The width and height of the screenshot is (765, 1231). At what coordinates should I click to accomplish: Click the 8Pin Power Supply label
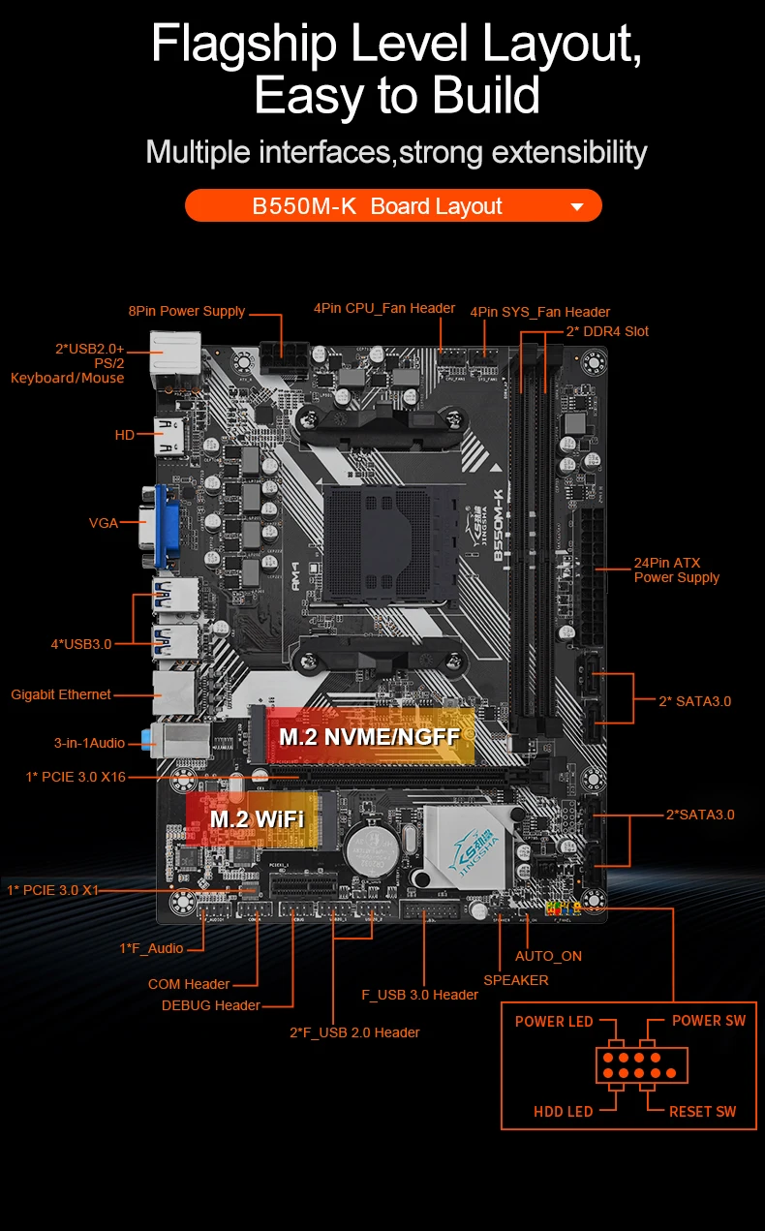coord(187,311)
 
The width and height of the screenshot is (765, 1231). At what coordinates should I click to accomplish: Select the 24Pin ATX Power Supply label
coord(676,569)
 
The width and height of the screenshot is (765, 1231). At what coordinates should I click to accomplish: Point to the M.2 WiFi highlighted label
coord(257,819)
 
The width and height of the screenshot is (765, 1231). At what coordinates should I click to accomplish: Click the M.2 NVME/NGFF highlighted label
coord(369,737)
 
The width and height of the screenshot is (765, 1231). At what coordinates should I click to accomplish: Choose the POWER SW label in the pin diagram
coord(709,1021)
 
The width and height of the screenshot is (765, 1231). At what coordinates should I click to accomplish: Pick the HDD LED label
coord(563,1111)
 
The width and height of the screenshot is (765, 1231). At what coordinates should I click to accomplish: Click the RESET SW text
coord(702,1111)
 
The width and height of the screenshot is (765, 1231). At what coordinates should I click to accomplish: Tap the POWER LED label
coord(554,1021)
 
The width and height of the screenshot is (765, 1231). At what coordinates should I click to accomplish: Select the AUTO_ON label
coord(548,956)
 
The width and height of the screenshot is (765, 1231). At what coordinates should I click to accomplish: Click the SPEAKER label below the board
coord(515,980)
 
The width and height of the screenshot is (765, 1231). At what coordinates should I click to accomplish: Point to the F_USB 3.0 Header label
coord(419,995)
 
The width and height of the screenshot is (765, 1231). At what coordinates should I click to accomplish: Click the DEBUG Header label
coord(210,1005)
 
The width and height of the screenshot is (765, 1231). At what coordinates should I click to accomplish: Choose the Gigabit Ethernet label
coord(61,694)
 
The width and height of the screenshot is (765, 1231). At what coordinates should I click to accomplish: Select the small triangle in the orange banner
coord(577,206)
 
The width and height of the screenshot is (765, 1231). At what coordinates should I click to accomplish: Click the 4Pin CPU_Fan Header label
coord(383,308)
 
